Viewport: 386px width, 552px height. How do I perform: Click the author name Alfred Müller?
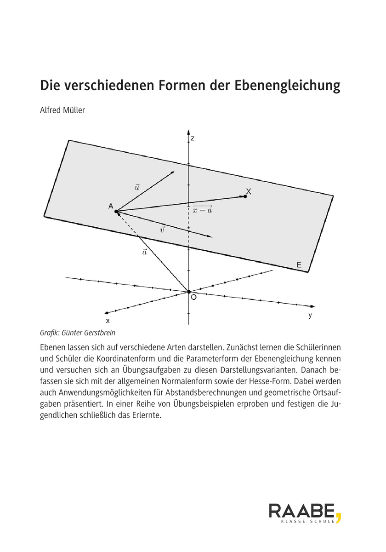click(x=62, y=110)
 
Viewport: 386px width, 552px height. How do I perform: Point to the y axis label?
click(x=311, y=316)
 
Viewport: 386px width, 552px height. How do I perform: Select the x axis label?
click(x=108, y=320)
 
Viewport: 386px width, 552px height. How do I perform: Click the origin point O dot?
click(x=189, y=292)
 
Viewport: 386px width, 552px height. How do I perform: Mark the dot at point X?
click(x=245, y=196)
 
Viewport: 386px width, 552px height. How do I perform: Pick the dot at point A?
click(x=116, y=212)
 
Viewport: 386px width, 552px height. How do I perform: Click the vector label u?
click(x=137, y=187)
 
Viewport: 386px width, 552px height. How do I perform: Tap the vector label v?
click(x=162, y=229)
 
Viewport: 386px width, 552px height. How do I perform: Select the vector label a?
click(x=144, y=252)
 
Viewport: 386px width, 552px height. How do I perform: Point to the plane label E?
click(x=299, y=265)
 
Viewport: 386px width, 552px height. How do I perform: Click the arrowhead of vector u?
click(x=173, y=172)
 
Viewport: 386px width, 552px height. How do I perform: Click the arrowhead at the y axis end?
click(x=313, y=306)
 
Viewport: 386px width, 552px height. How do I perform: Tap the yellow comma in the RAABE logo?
click(x=339, y=518)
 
